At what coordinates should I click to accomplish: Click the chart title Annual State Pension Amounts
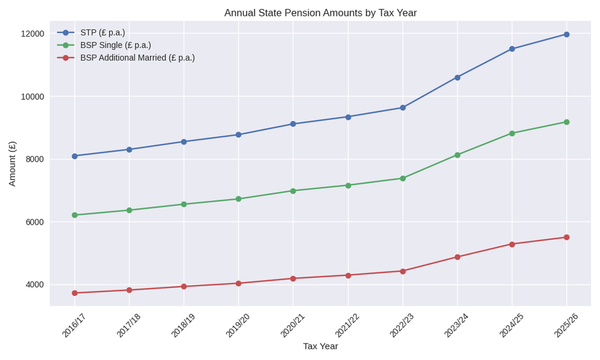pyautogui.click(x=320, y=13)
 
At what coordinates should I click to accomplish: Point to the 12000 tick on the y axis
pyautogui.click(x=32, y=34)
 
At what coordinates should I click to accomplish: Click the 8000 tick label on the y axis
pyautogui.click(x=35, y=159)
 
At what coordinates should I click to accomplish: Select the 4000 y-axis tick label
pyautogui.click(x=35, y=285)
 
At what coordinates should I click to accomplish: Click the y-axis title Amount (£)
pyautogui.click(x=12, y=163)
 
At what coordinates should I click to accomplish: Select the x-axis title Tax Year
pyautogui.click(x=320, y=346)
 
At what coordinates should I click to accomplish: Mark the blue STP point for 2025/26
pyautogui.click(x=566, y=34)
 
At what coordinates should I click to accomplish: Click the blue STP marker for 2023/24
pyautogui.click(x=457, y=78)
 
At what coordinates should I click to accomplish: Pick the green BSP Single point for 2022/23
pyautogui.click(x=403, y=178)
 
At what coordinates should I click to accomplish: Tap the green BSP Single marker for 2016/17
pyautogui.click(x=75, y=215)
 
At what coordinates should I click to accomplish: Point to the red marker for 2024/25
pyautogui.click(x=512, y=244)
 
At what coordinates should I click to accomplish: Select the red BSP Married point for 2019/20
pyautogui.click(x=239, y=283)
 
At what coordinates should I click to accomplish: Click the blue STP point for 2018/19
pyautogui.click(x=184, y=141)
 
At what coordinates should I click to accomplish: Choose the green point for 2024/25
pyautogui.click(x=512, y=133)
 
